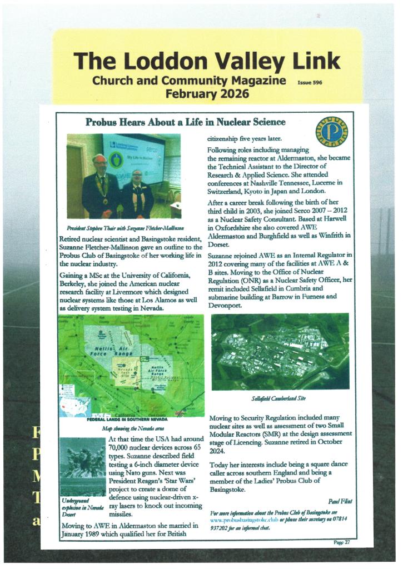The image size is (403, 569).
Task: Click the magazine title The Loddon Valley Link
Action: pos(206,61)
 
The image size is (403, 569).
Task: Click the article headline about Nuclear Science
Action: pos(185,122)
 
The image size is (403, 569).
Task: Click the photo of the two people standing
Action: pos(123,176)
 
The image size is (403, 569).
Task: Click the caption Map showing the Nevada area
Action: pos(131,429)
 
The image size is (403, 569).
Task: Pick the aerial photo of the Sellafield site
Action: pos(280,351)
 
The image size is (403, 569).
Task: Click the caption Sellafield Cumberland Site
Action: pos(280,398)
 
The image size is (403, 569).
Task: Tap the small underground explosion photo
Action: pos(82,466)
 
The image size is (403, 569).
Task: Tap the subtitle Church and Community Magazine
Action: pos(189,81)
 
